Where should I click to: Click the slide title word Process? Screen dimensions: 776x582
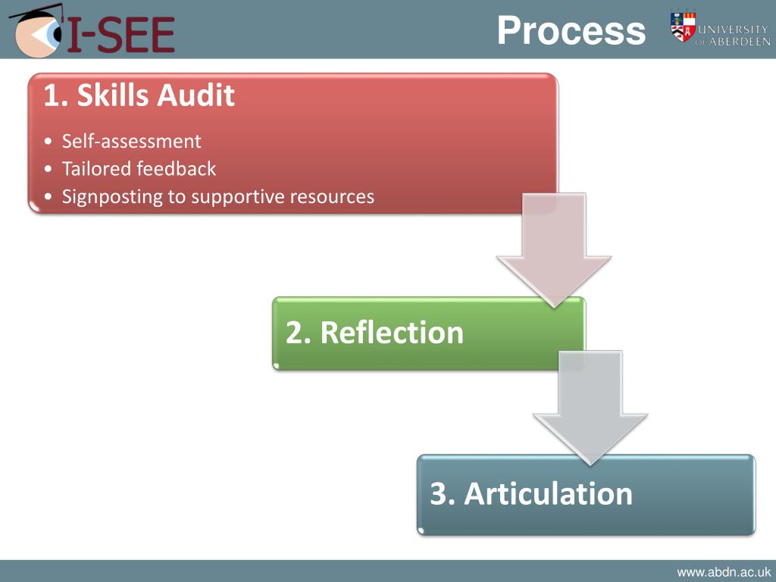(571, 32)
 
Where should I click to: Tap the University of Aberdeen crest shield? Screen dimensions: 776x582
(683, 27)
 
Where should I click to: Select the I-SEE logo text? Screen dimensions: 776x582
(121, 34)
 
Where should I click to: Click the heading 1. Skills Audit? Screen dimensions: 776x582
(139, 96)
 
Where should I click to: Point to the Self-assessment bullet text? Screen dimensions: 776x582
(132, 141)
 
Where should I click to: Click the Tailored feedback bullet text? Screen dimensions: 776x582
(139, 168)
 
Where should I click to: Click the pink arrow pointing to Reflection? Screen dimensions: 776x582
(554, 250)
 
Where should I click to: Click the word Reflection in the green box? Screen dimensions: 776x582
(392, 333)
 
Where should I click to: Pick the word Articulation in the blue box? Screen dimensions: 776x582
(548, 493)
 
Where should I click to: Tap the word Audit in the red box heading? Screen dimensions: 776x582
(197, 96)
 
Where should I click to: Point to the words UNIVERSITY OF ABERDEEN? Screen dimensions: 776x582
(733, 35)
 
